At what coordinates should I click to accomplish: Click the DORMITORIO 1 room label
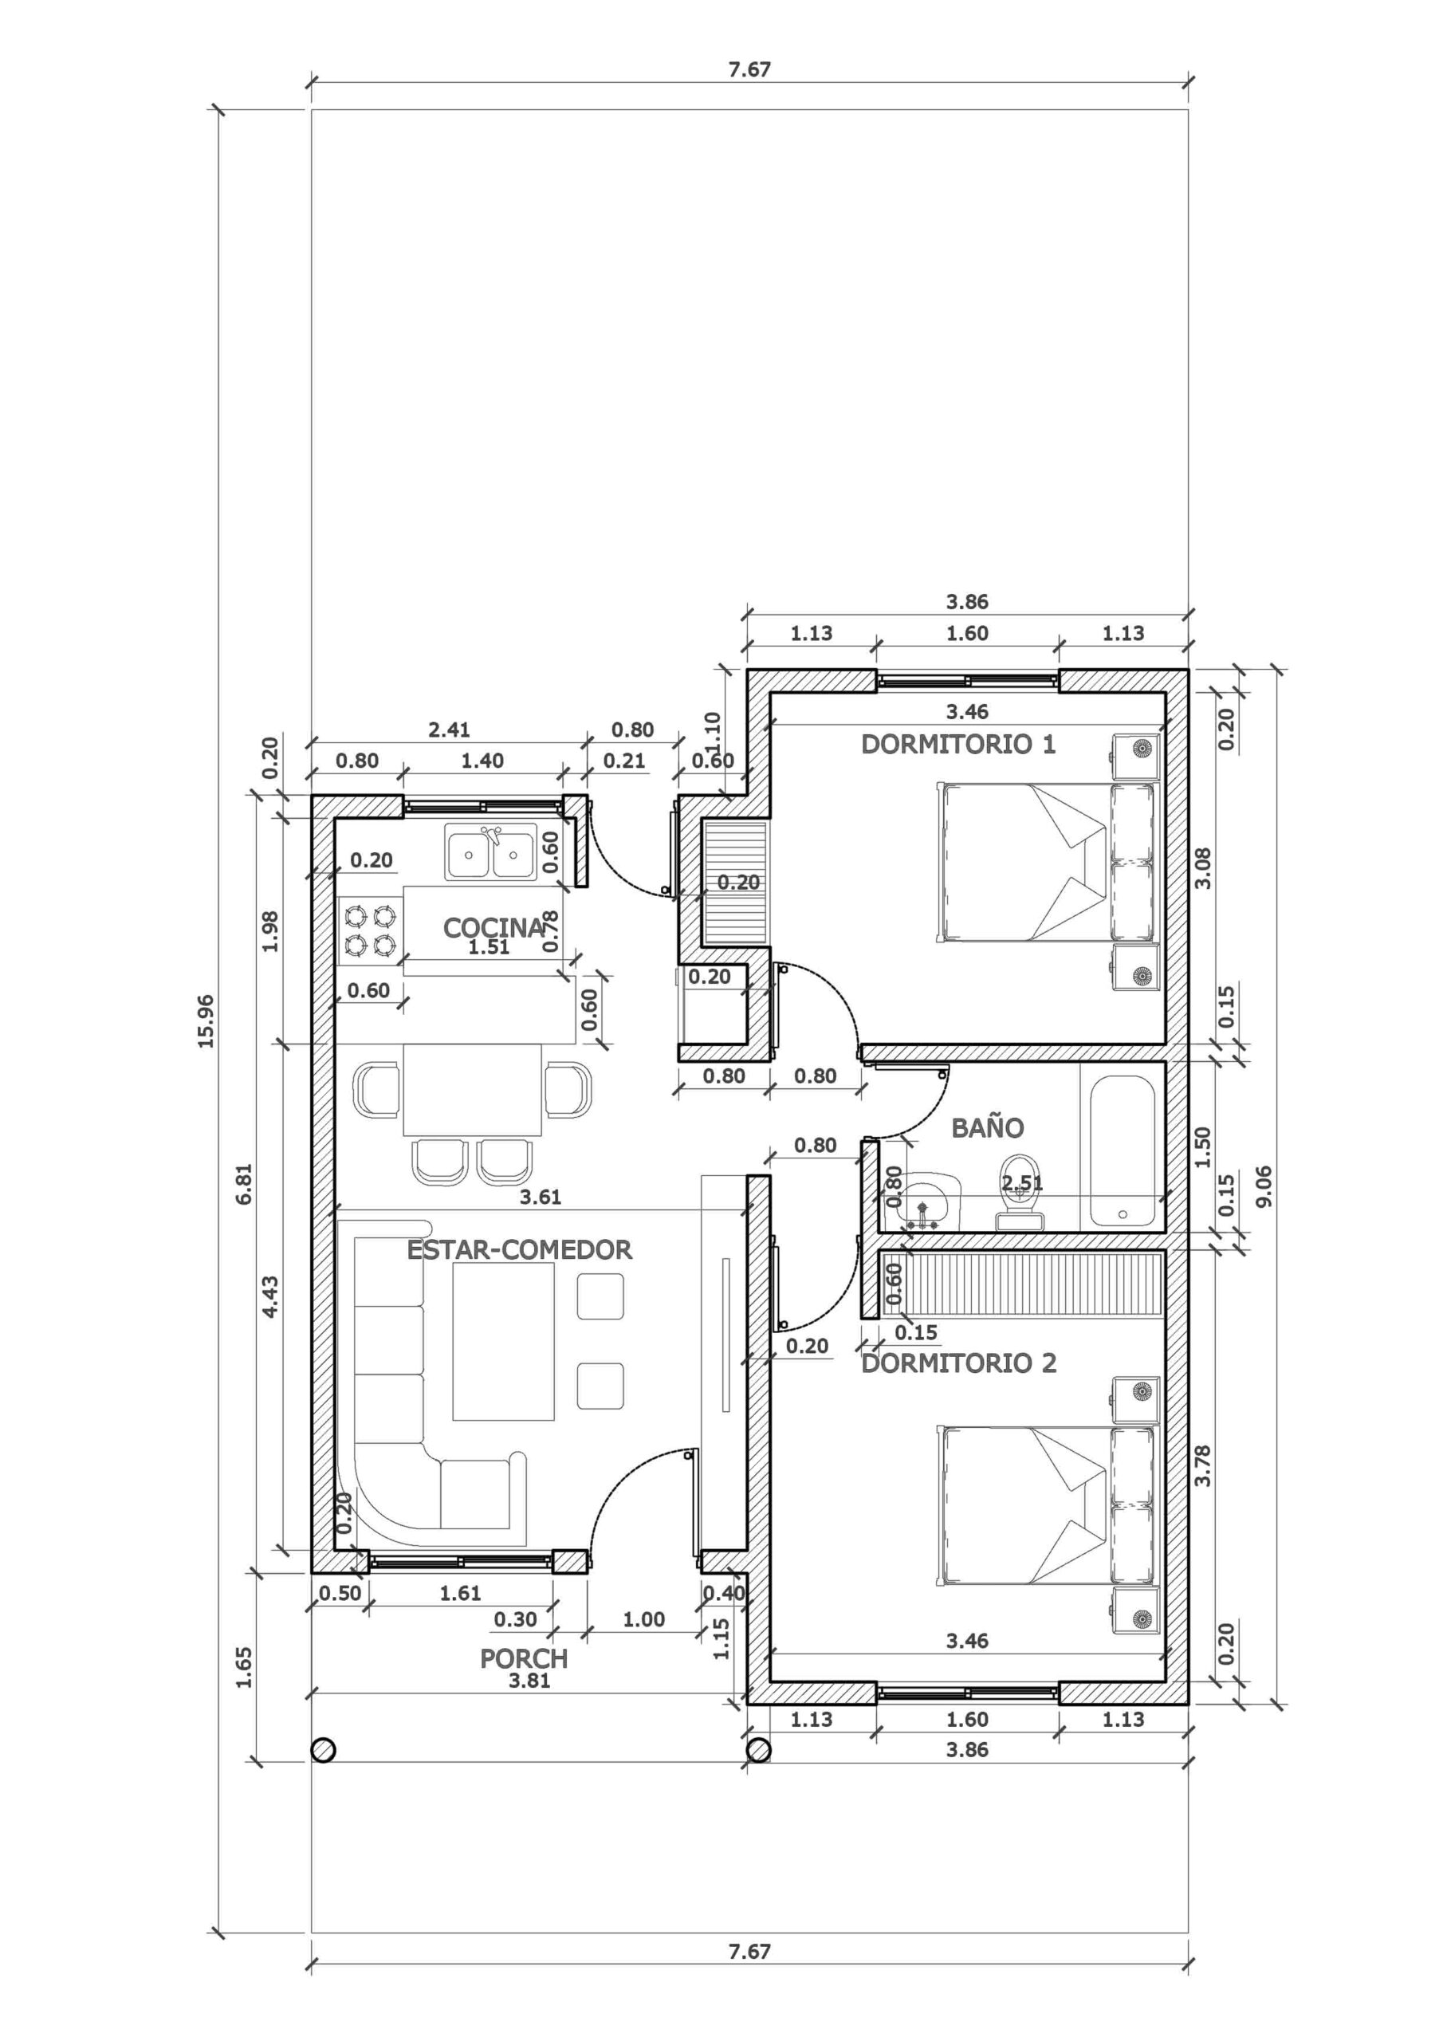pos(958,744)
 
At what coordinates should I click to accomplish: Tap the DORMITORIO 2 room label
pos(958,1363)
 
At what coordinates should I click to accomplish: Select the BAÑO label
pos(987,1127)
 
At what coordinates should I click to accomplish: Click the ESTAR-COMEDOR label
pos(519,1250)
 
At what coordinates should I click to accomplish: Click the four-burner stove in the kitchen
pos(370,930)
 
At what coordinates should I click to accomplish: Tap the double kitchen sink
pos(491,851)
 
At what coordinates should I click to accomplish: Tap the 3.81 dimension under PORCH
pos(529,1680)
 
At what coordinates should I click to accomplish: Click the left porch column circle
pos(324,1749)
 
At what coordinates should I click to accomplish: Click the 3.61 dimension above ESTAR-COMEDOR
pos(541,1197)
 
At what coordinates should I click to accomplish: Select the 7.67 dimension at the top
pos(749,69)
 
